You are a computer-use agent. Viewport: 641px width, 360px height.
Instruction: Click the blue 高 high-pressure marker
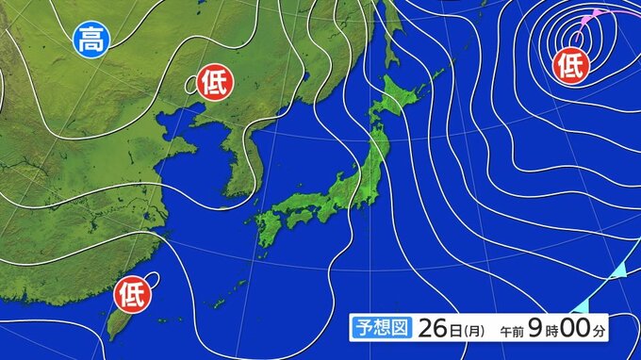click(x=90, y=39)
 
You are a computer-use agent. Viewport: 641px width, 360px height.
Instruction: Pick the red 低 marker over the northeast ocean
click(x=570, y=64)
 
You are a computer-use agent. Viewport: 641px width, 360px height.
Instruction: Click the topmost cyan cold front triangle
click(x=616, y=271)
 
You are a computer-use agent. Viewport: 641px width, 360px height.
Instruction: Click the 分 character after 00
click(x=610, y=331)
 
